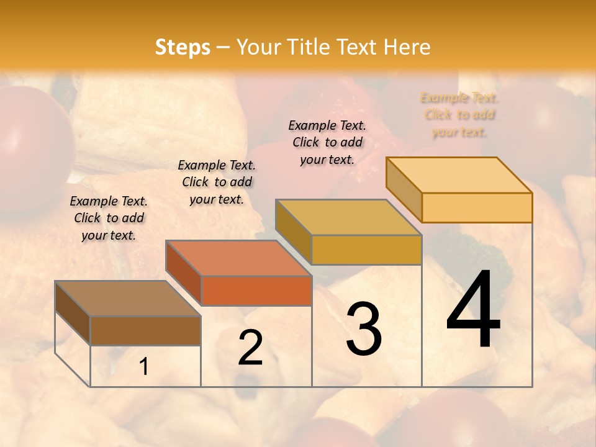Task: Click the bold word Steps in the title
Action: click(x=183, y=47)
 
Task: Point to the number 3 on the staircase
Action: click(x=363, y=329)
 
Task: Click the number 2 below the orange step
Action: click(x=250, y=348)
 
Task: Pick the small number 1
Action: click(x=144, y=367)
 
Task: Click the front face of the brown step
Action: click(x=145, y=331)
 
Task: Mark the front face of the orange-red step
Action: click(x=256, y=291)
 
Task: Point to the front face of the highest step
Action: click(x=477, y=207)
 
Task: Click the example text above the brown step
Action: click(x=109, y=218)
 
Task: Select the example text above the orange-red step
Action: click(x=217, y=182)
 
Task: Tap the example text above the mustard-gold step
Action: click(x=327, y=142)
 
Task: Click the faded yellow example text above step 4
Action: click(x=459, y=115)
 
